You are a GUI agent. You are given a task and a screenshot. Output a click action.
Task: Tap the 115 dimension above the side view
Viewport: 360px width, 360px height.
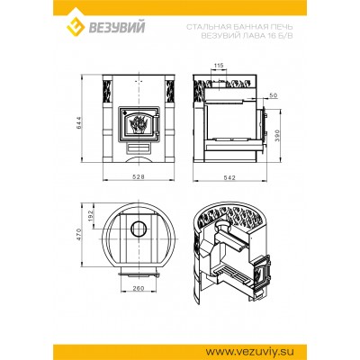(x=219, y=66)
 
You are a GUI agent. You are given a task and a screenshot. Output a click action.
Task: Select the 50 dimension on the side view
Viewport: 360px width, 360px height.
(x=272, y=94)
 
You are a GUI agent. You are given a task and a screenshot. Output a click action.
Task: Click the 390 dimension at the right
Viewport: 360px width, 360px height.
(x=278, y=133)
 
